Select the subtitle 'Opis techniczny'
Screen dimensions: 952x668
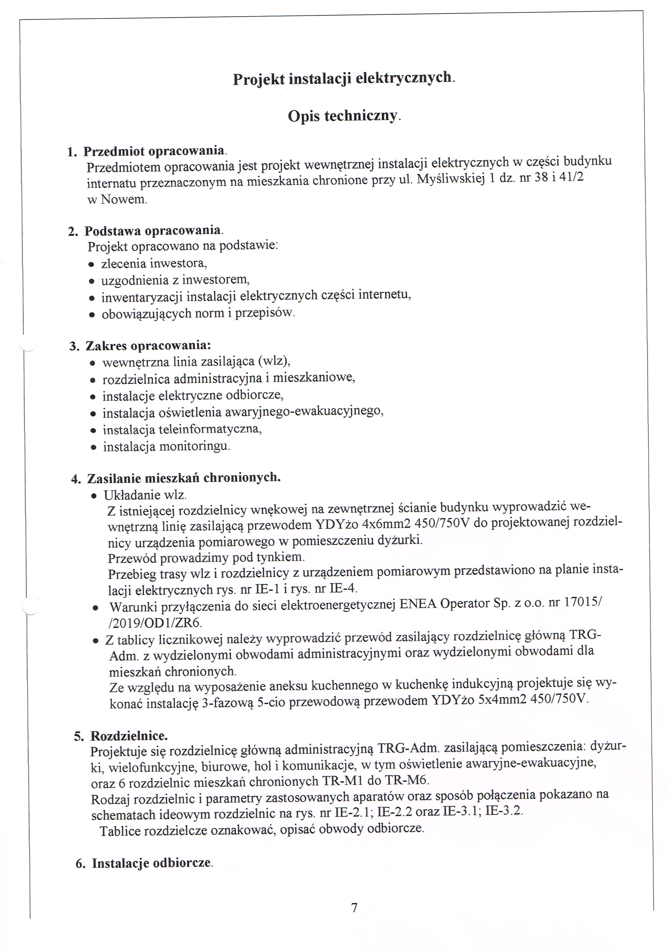(x=343, y=116)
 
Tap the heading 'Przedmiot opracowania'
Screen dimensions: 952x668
(x=154, y=151)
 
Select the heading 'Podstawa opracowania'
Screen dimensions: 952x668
(x=152, y=231)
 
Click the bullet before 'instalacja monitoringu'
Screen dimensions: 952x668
(x=94, y=447)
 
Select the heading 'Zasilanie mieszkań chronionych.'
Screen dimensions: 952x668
(x=184, y=478)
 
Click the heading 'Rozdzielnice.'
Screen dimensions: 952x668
(x=129, y=736)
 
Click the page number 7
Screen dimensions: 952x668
(x=354, y=908)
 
